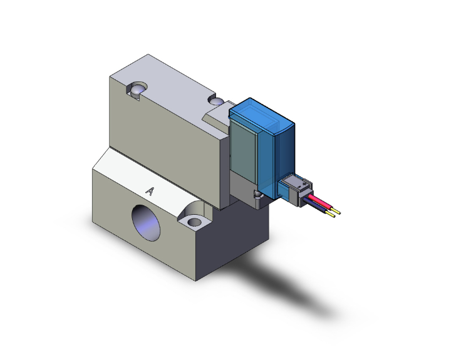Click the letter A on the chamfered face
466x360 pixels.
(x=149, y=190)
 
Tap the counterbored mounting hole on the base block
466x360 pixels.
(x=194, y=221)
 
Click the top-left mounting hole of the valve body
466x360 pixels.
(x=138, y=91)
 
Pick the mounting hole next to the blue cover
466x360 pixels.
(x=217, y=101)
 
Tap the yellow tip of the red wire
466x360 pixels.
(x=337, y=210)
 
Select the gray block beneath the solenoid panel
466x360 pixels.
(x=244, y=188)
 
